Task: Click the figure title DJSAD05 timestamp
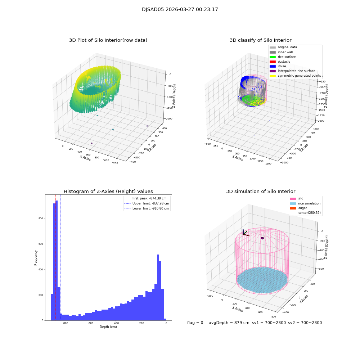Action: pyautogui.click(x=180, y=10)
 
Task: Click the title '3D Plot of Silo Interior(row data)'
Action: pyautogui.click(x=108, y=40)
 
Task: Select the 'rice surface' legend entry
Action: pyautogui.click(x=287, y=57)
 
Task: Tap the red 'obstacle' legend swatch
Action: pyautogui.click(x=273, y=62)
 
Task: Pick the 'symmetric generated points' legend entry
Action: pyautogui.click(x=299, y=76)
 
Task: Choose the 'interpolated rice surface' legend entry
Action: pyautogui.click(x=296, y=71)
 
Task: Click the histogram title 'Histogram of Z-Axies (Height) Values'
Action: pyautogui.click(x=108, y=192)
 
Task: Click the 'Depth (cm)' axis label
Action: pyautogui.click(x=108, y=327)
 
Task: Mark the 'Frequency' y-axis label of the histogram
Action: pyautogui.click(x=36, y=258)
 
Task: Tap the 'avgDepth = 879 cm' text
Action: pyautogui.click(x=229, y=323)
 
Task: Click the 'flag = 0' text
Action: pyautogui.click(x=195, y=323)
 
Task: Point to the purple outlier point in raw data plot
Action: pyautogui.click(x=92, y=143)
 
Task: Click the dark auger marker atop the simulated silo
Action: pyautogui.click(x=262, y=238)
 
